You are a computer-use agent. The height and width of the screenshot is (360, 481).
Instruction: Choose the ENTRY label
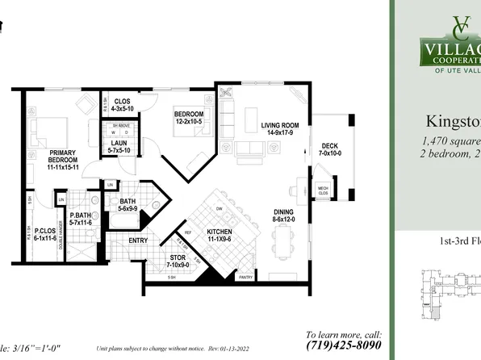tap(138, 240)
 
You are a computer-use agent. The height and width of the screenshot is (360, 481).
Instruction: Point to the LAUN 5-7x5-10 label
tap(120, 147)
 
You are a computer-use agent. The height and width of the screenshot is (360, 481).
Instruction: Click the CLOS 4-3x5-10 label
tap(123, 104)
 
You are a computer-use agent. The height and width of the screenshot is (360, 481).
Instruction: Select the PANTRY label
tap(247, 276)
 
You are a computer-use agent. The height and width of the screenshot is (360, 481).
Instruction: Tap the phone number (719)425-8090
tap(343, 344)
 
